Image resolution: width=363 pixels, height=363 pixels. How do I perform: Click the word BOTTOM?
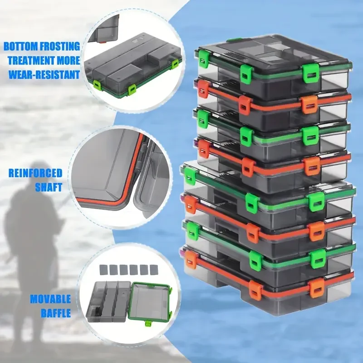pos(20,47)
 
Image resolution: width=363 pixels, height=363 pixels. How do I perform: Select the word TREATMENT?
pos(31,61)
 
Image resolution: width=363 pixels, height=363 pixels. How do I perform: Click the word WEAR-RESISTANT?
pos(44,75)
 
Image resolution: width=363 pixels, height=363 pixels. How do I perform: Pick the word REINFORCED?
pos(35,173)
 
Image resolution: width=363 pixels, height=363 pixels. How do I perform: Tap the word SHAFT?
pos(49,187)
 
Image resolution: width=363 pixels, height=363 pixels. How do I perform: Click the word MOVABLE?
pos(50,299)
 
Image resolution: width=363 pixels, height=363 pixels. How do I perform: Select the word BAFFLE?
pos(56,313)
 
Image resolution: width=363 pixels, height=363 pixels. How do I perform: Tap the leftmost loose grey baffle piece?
pos(103,270)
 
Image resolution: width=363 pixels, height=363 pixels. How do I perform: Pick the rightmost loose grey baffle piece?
pos(154,270)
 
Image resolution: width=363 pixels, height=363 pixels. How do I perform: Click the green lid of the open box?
pos(150,302)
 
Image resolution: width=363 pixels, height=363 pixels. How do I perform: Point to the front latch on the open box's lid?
pos(148,323)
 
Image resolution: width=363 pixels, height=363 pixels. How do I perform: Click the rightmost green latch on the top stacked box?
pos(310,73)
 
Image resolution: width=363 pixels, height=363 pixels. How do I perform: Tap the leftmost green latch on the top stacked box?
pos(203,59)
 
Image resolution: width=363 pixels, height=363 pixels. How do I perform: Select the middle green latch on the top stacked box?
pos(246,74)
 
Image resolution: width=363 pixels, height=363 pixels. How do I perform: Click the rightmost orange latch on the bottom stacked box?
pos(316,288)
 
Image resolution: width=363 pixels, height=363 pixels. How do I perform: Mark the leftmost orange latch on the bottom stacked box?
pos(191,260)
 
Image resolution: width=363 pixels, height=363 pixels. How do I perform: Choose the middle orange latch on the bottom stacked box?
pos(256,290)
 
